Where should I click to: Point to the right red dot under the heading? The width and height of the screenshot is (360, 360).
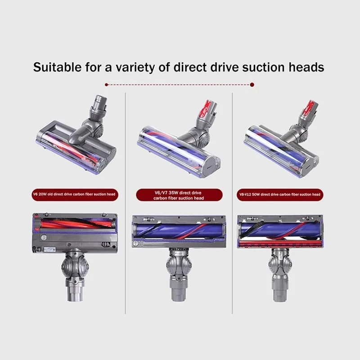[252, 84]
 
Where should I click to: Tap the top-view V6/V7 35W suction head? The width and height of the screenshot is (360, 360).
[179, 139]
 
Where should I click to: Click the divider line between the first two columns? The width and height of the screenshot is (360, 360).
[125, 202]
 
